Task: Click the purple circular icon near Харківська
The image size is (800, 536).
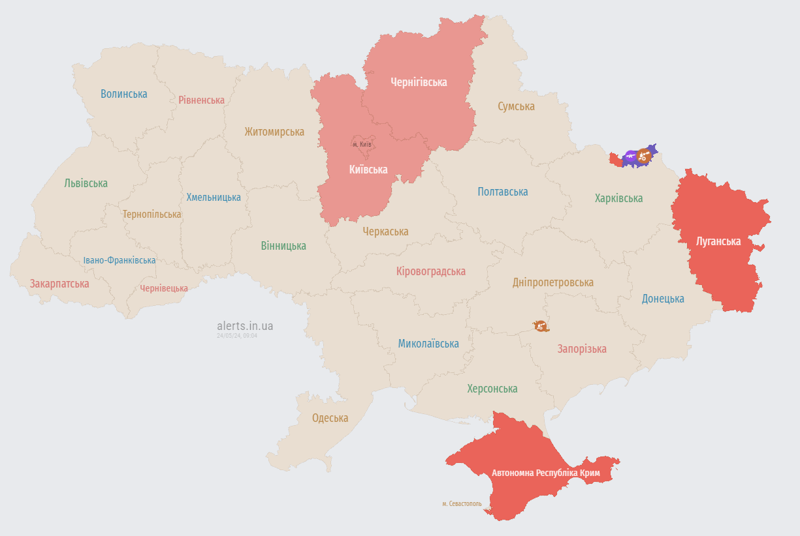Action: [x=630, y=156]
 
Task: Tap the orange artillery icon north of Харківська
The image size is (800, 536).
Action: [x=643, y=155]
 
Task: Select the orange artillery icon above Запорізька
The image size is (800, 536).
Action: [x=541, y=326]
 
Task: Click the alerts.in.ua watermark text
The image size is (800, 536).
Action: [x=245, y=325]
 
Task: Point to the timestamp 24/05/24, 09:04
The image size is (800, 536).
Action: [x=237, y=336]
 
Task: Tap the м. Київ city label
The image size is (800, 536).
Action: [x=362, y=144]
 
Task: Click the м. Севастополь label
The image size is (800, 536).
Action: [x=462, y=503]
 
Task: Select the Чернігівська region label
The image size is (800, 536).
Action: [x=419, y=82]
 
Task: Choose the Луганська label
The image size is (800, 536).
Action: [x=718, y=241]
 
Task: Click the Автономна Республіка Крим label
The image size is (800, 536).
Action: [x=546, y=472]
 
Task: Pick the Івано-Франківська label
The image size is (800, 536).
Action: [x=120, y=260]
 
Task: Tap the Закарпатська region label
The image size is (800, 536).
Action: [x=59, y=284]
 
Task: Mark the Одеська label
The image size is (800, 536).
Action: [x=330, y=418]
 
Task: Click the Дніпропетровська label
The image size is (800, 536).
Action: [x=552, y=282]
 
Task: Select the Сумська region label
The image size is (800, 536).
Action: [x=516, y=106]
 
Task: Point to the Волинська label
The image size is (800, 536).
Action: [x=124, y=94]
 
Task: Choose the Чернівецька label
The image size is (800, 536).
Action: [x=164, y=288]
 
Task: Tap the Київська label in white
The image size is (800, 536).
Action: [x=368, y=170]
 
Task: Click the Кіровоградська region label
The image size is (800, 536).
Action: [x=431, y=271]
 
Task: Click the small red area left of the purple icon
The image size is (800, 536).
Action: [x=615, y=158]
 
